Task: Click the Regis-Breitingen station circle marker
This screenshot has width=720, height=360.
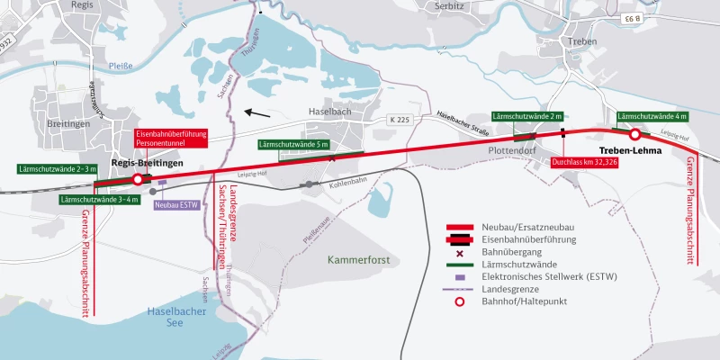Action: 138,179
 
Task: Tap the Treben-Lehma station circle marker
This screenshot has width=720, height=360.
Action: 634,134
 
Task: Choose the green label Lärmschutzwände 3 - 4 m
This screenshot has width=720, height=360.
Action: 99,199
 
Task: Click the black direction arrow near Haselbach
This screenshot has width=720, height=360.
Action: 259,114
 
